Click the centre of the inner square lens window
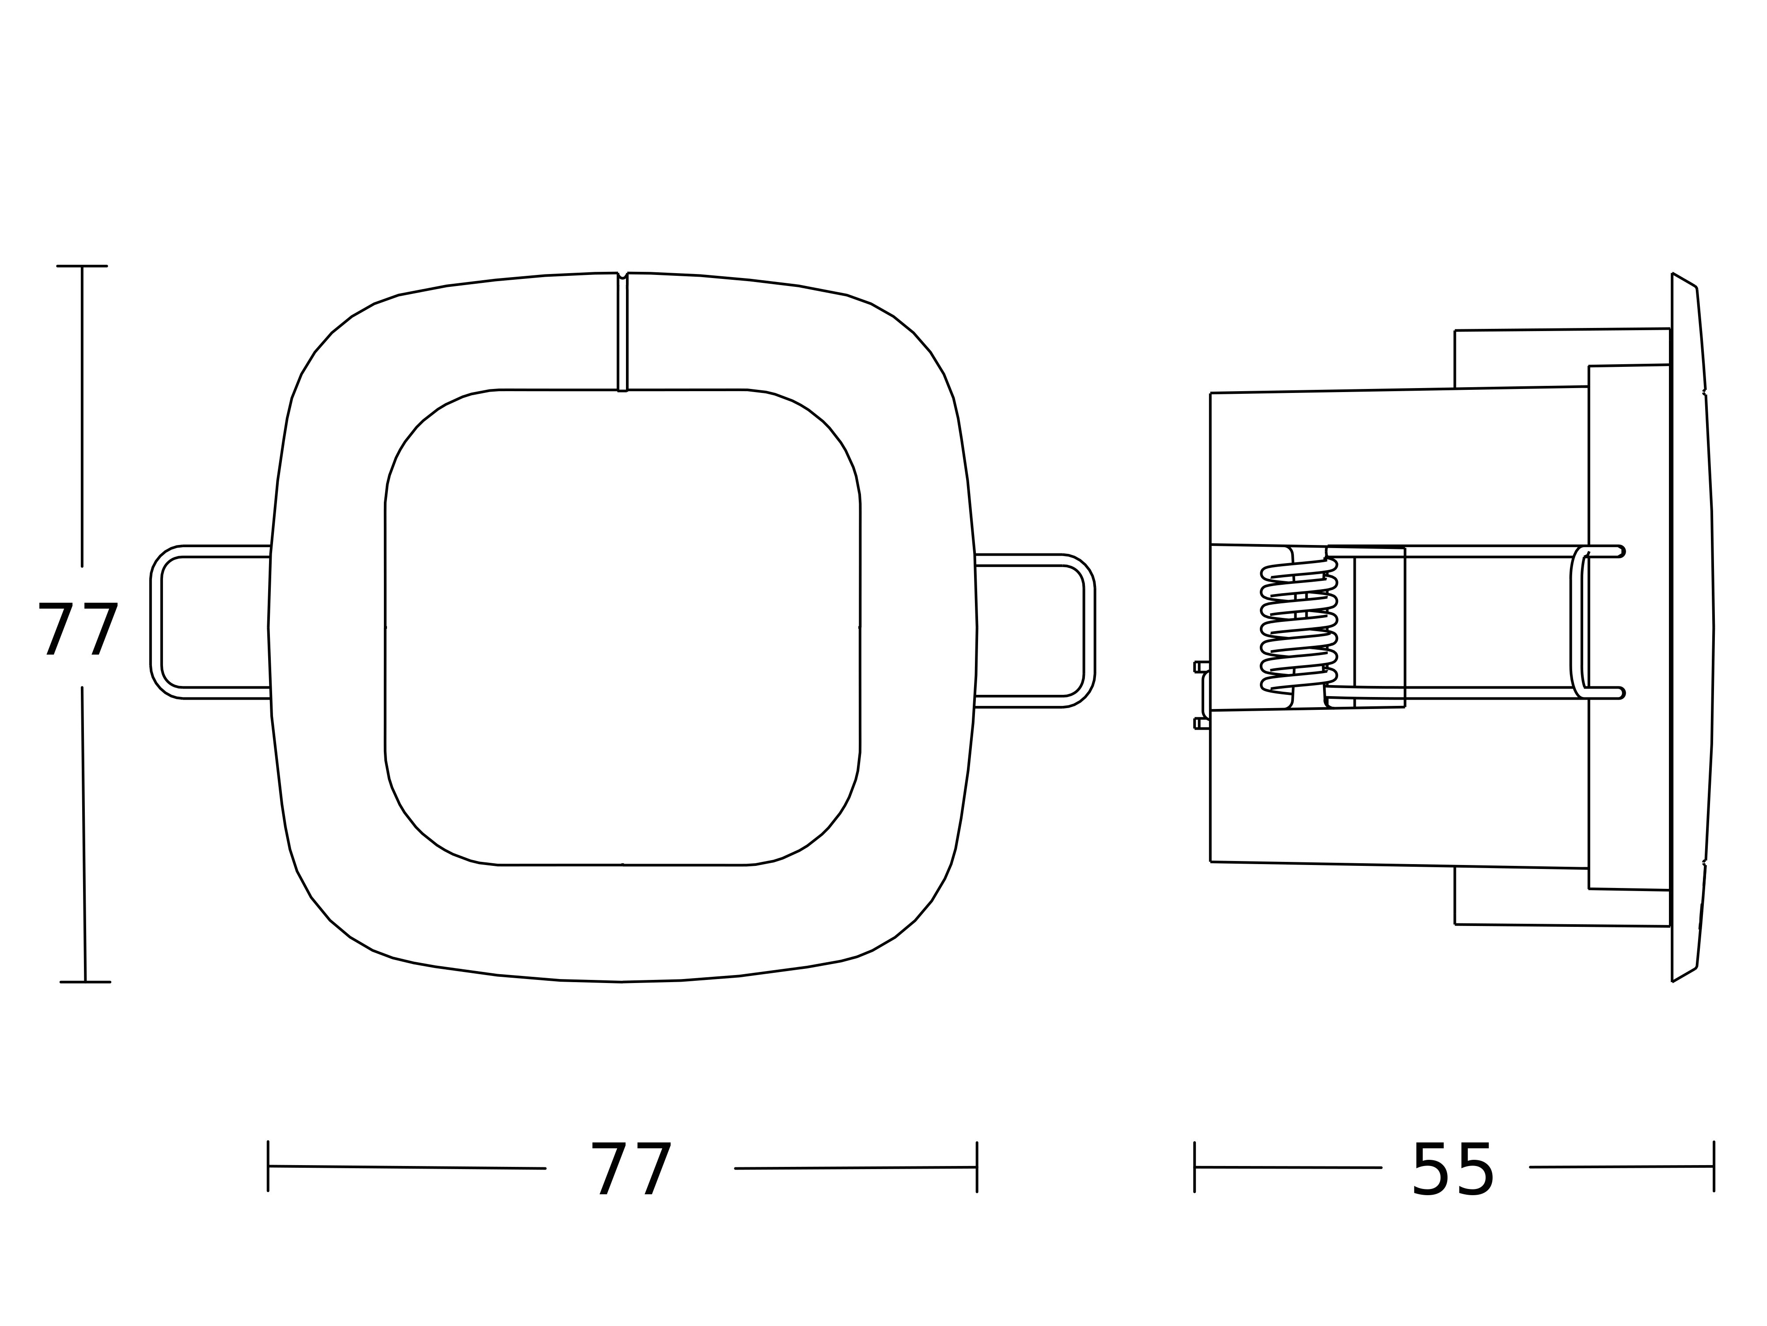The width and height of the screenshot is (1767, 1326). [x=622, y=628]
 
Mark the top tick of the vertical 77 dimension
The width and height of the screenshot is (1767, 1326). [x=81, y=266]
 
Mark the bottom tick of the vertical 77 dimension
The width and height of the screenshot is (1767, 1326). [x=85, y=982]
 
